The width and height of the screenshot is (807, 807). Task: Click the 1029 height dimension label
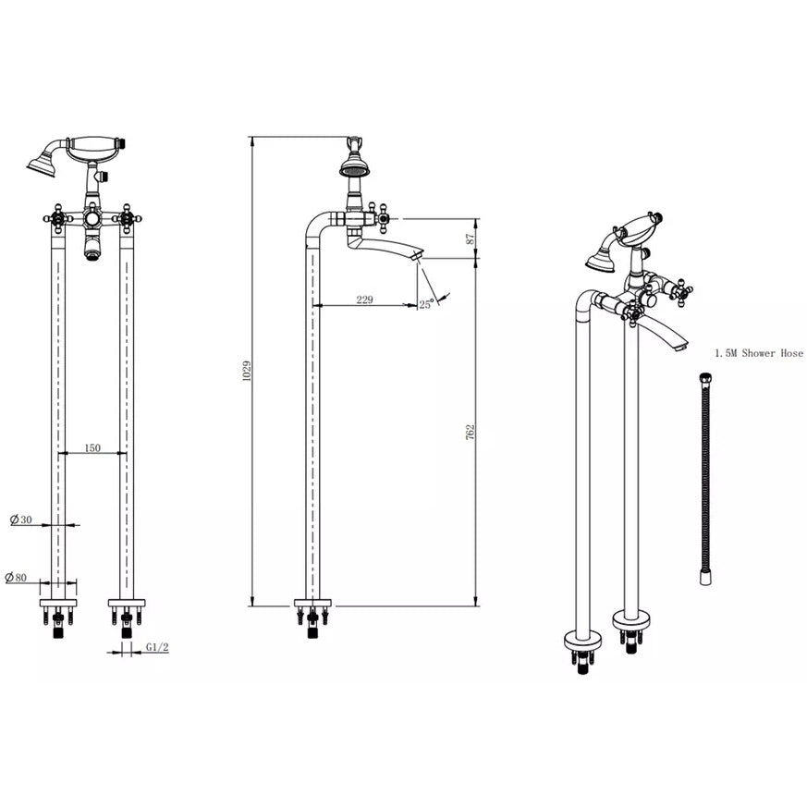point(247,371)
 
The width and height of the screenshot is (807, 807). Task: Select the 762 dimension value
point(470,432)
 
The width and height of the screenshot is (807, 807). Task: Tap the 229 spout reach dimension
point(364,300)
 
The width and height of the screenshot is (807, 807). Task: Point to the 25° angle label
point(427,304)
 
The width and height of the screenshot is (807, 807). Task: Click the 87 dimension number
point(470,238)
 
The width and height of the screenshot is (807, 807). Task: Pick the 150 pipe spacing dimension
point(92,447)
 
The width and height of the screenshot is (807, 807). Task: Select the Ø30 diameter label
point(21,520)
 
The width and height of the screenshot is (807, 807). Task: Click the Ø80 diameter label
point(16,578)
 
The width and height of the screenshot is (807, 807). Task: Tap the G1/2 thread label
point(157,647)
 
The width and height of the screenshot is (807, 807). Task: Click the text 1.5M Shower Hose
point(759,353)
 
